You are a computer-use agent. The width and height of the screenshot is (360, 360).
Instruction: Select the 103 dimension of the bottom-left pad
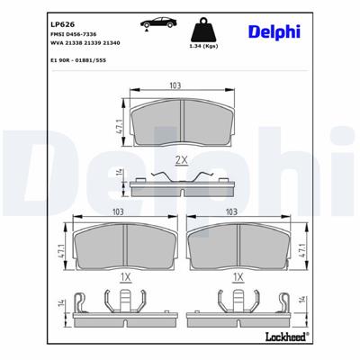[x=117, y=211]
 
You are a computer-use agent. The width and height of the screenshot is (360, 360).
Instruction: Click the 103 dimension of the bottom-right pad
[x=232, y=211]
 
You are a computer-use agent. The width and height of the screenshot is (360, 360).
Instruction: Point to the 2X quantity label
[x=179, y=160]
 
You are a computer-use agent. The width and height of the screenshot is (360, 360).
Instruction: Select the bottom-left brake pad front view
[x=117, y=242]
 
